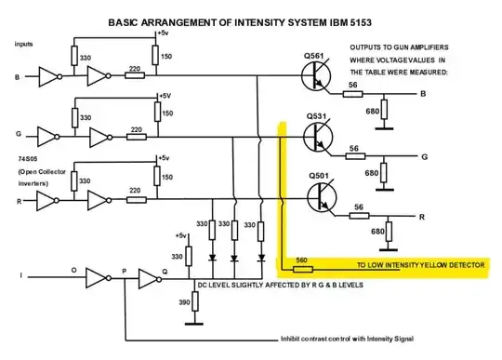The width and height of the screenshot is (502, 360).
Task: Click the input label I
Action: tap(20, 275)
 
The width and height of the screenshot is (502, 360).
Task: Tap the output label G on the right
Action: tap(423, 156)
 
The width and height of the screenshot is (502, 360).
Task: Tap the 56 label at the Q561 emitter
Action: tap(352, 85)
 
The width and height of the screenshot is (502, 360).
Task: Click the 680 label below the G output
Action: tap(371, 172)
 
